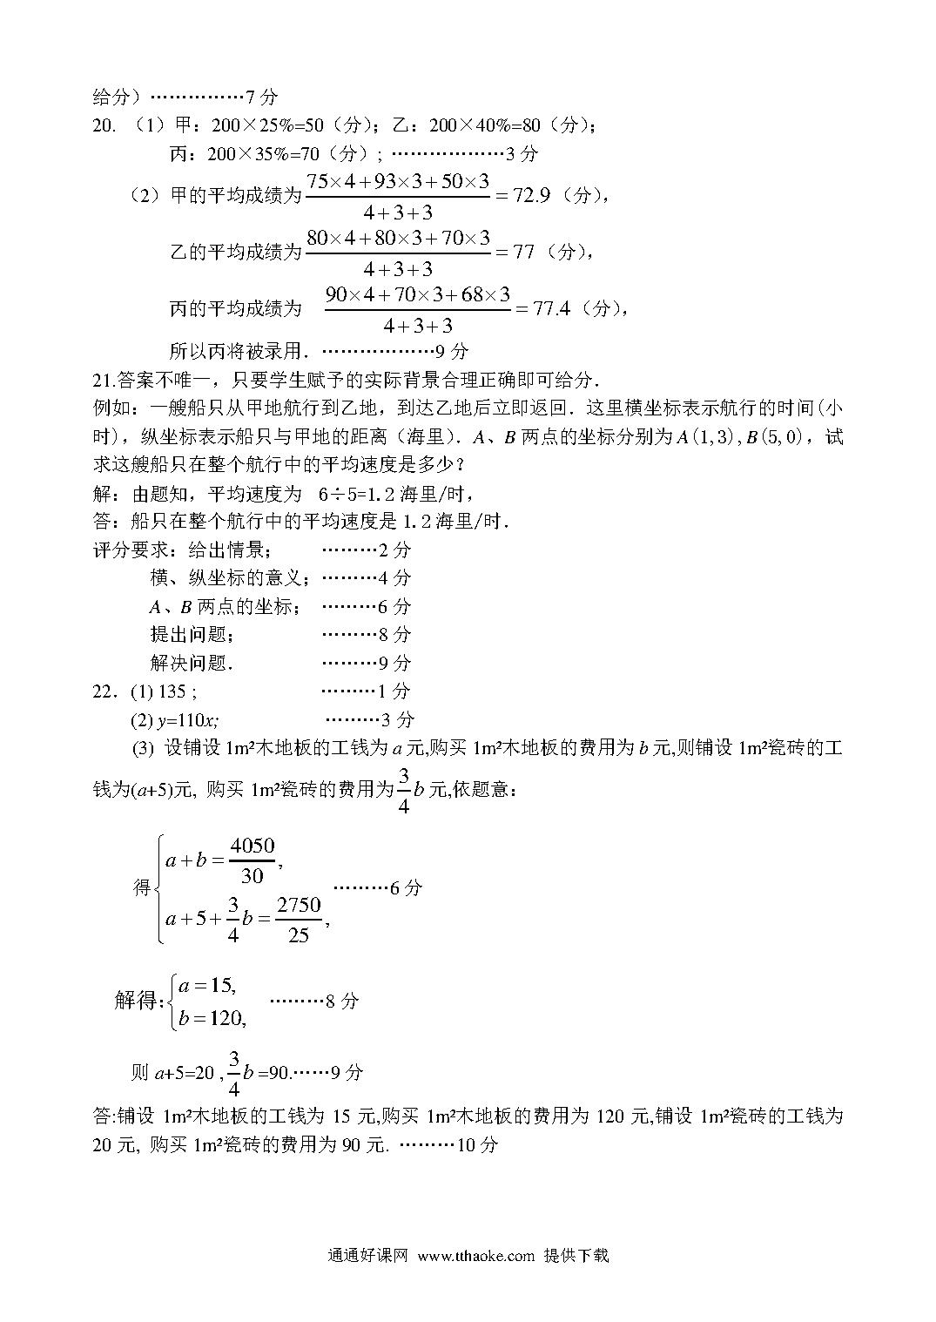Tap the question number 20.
pos(104,126)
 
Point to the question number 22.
pos(104,691)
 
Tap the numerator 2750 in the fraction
pos(299,905)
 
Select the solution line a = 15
pos(207,986)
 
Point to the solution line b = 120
pos(212,1018)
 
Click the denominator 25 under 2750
pos(299,936)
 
